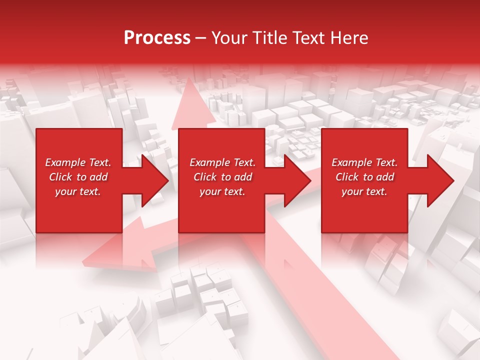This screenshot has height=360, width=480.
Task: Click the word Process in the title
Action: click(157, 38)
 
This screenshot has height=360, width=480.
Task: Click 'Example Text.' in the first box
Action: click(78, 162)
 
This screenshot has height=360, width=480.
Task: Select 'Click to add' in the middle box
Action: click(222, 177)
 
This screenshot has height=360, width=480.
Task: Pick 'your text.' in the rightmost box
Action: click(364, 191)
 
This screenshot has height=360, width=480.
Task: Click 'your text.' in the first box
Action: click(78, 191)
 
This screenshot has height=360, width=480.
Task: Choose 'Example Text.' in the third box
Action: click(364, 162)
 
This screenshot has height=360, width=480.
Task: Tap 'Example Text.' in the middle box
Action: click(222, 162)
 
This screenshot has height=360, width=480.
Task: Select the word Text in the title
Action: click(309, 38)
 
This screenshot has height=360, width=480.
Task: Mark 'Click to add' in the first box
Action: click(78, 177)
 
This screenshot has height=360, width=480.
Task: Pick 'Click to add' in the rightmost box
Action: click(364, 177)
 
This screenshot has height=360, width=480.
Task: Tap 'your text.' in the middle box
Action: click(222, 191)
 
